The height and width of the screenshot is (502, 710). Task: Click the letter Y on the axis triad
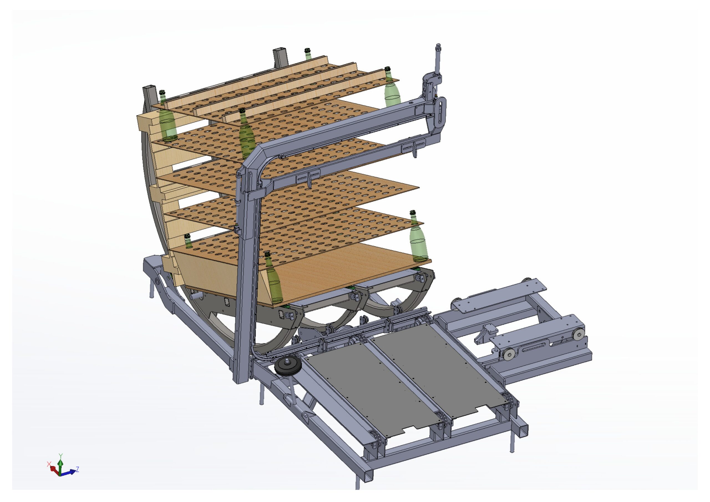61,456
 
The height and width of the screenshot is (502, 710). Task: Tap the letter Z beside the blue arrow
77,469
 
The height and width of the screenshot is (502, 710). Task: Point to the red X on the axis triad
49,464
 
